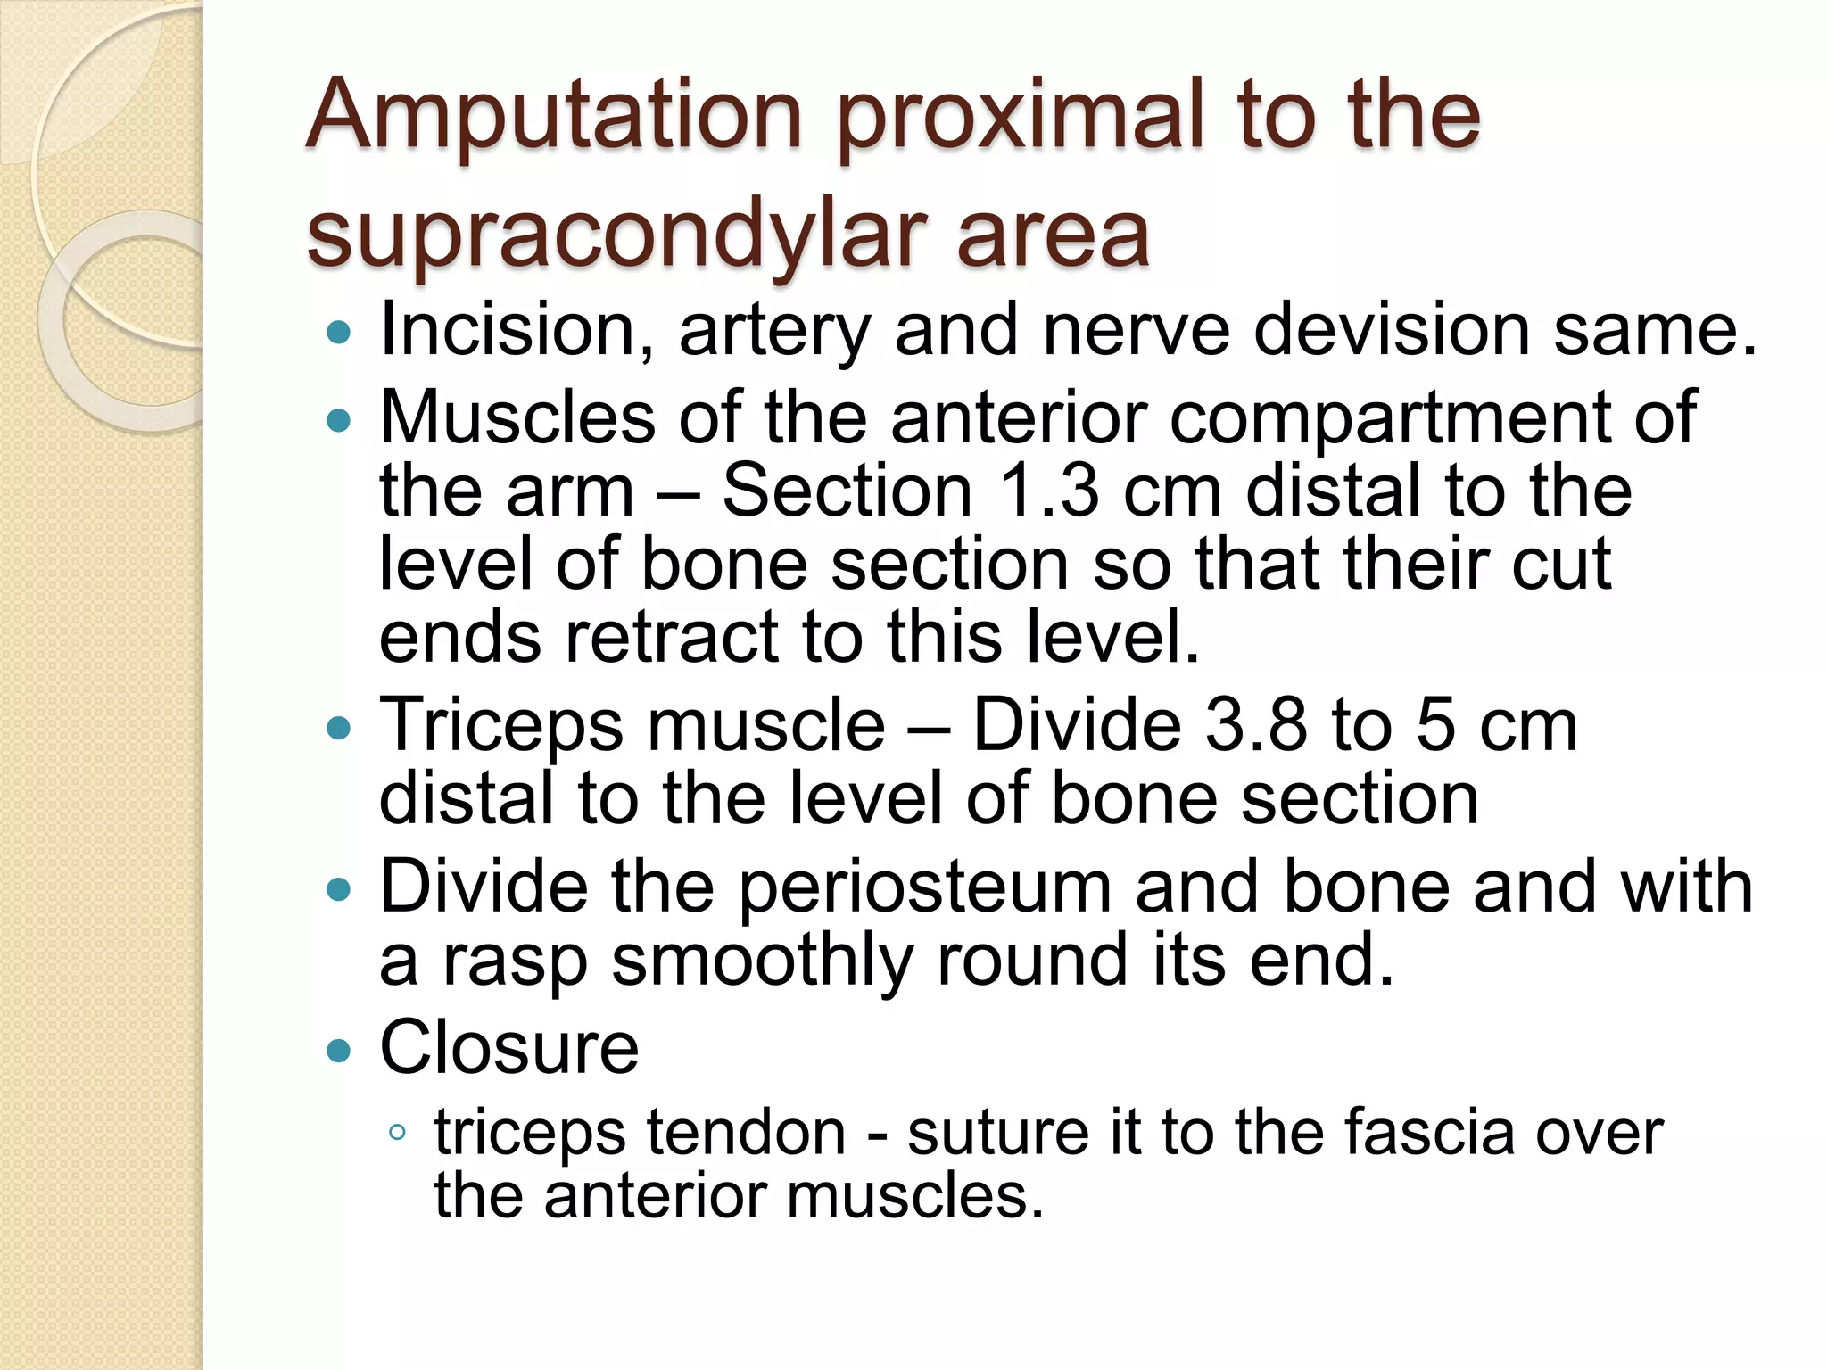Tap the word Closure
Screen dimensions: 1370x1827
509,1048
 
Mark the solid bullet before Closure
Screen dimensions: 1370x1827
339,1050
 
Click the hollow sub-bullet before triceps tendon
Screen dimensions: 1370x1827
398,1134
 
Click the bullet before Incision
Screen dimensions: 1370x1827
339,334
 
